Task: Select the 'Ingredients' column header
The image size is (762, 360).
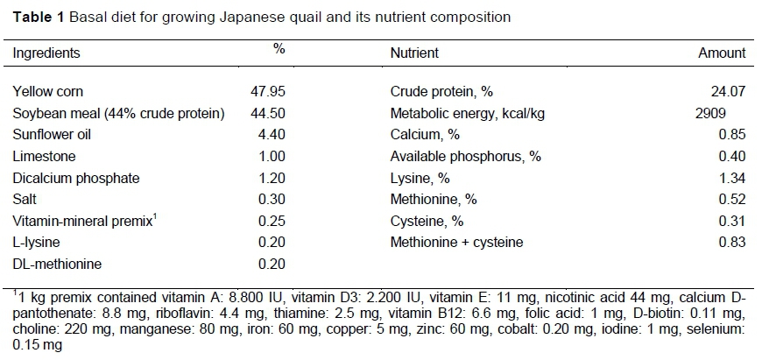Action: tap(46, 53)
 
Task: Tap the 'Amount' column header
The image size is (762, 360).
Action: tap(722, 53)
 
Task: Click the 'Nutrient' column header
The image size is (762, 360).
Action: tap(414, 53)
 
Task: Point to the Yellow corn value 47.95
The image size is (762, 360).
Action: tap(268, 91)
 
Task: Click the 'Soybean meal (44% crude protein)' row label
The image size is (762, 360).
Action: tap(119, 113)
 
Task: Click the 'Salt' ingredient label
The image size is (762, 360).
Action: tap(25, 199)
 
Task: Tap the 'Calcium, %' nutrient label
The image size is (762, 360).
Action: tap(425, 135)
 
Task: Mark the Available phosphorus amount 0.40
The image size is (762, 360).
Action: tap(732, 156)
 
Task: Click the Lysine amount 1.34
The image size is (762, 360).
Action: tap(732, 178)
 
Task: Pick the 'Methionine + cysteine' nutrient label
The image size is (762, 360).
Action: tap(456, 242)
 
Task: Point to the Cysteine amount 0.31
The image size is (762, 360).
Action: tap(732, 221)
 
